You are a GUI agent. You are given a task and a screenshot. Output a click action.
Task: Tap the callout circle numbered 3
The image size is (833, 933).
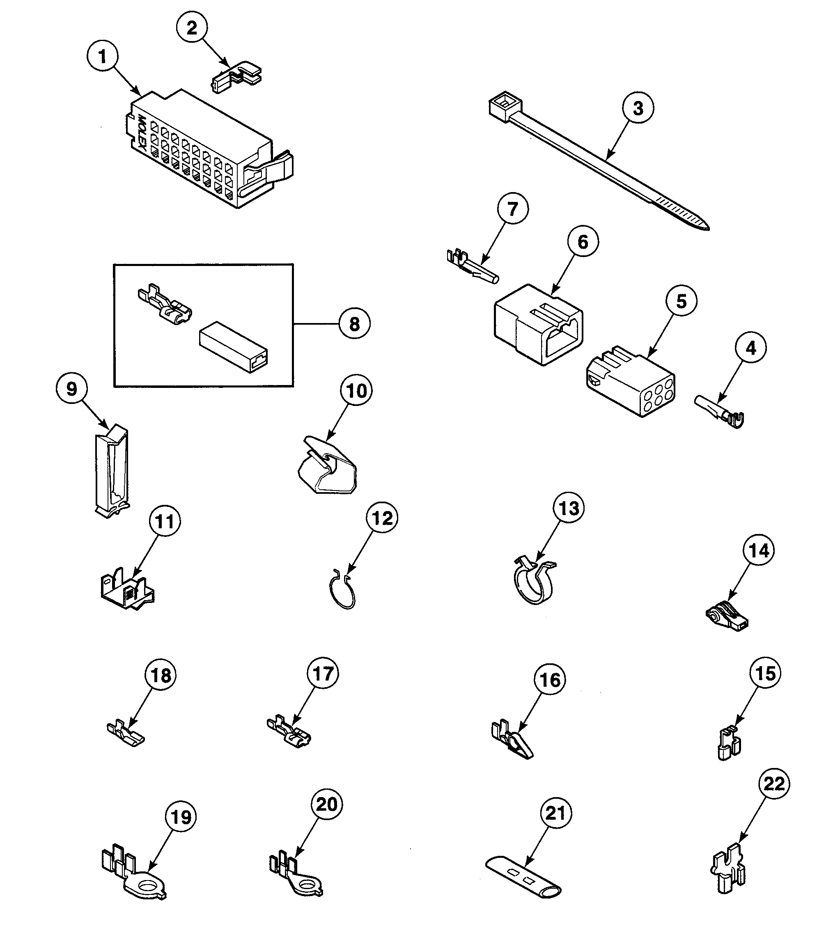[638, 108]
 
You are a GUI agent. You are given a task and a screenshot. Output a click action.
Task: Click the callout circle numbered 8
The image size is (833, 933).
[354, 324]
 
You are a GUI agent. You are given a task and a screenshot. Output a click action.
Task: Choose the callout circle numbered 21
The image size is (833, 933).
[555, 813]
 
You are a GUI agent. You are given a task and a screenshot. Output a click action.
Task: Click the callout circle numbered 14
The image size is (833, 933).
[759, 550]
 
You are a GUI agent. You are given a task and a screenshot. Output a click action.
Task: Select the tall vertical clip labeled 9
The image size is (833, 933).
[112, 471]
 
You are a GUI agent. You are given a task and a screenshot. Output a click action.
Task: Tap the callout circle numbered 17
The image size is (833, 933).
[323, 674]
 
